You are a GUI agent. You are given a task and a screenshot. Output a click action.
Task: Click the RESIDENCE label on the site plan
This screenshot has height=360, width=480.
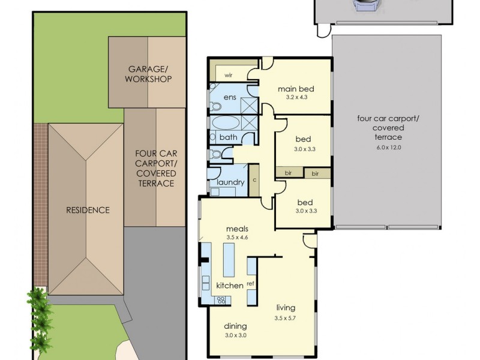[88, 210]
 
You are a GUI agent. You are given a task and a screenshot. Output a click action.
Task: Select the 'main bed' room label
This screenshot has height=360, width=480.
[295, 89]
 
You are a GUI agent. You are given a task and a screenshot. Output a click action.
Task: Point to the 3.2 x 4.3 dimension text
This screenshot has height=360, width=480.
[295, 97]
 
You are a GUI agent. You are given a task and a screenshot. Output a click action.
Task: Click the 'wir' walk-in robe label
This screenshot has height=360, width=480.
[228, 75]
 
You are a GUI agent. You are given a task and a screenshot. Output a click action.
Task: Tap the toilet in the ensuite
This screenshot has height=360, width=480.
[217, 107]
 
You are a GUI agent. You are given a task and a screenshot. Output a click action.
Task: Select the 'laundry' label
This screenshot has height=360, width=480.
[230, 182]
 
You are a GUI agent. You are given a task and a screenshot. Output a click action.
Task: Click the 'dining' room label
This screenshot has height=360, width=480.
[235, 326]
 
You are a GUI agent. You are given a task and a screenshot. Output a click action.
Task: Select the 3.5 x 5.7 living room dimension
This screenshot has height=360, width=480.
[286, 318]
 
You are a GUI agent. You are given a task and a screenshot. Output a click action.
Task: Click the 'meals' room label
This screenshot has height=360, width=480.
[237, 229]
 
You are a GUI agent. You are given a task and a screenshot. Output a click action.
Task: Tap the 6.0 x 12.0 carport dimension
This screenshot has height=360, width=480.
[388, 146]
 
